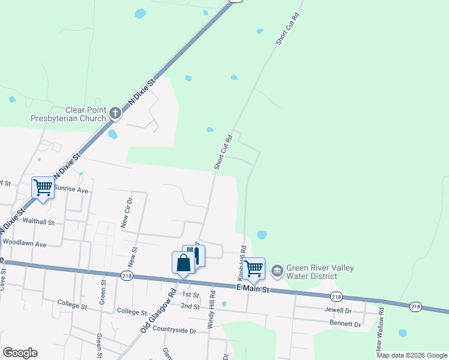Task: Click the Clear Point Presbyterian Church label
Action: point(68,114)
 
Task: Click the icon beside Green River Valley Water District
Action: point(277,271)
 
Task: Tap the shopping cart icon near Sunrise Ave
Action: point(43,188)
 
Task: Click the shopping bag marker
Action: point(183,263)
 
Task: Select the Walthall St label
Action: point(38,221)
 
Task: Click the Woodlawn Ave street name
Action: point(25,244)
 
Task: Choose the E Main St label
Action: point(253,290)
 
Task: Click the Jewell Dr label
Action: point(338,311)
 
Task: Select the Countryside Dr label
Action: point(174,330)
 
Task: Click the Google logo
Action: point(20,352)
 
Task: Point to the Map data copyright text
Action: point(412,355)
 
